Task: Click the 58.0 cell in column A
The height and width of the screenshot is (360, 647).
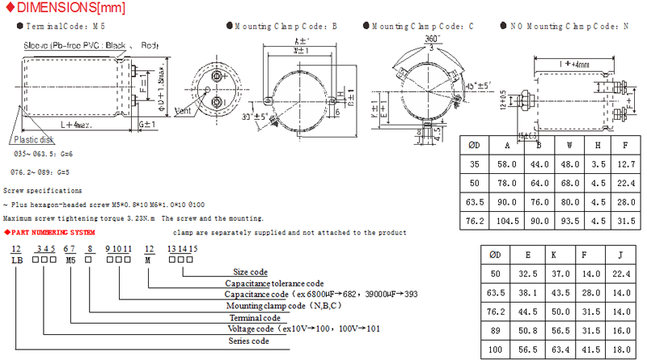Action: pos(505,164)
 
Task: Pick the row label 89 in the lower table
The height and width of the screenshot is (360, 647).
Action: pos(497,331)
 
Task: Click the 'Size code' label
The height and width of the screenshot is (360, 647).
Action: pos(250,273)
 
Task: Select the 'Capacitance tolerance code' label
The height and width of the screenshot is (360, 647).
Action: pos(274,284)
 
